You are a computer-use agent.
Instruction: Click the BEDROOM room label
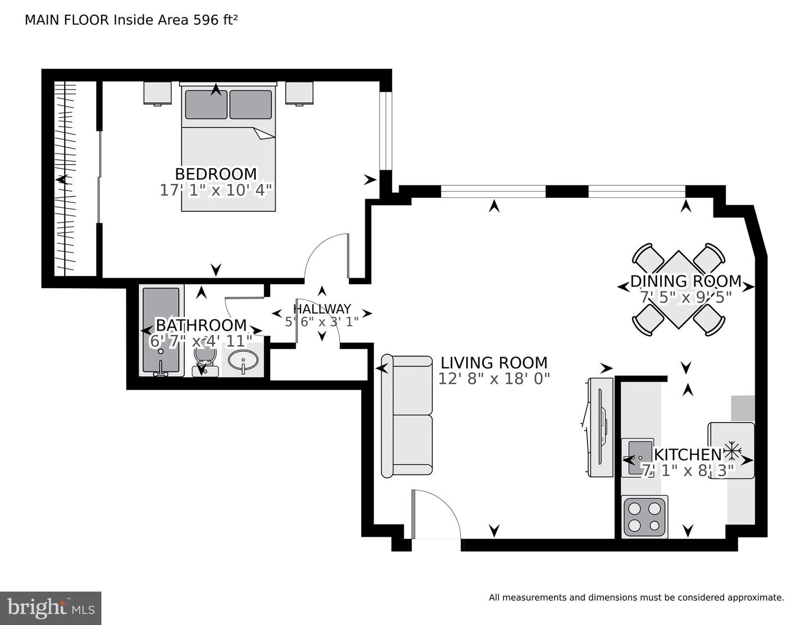[x=216, y=174]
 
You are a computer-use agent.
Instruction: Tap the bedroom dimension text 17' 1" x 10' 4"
[x=216, y=191]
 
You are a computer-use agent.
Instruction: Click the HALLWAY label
[x=322, y=309]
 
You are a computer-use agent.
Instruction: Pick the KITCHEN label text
[x=688, y=454]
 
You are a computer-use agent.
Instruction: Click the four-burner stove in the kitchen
[x=644, y=517]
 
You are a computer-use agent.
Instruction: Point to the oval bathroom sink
[x=243, y=360]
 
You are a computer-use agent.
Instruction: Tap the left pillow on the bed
[x=206, y=105]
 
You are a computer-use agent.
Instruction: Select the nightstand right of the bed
[x=298, y=93]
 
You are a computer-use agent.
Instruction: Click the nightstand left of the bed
[x=157, y=93]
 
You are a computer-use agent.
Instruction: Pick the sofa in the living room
[x=407, y=415]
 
